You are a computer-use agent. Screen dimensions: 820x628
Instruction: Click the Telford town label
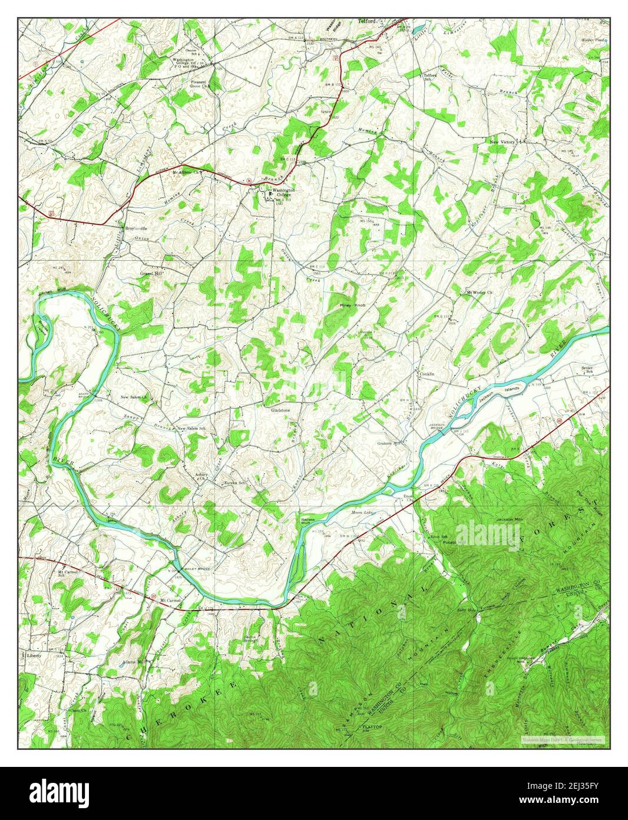tap(368, 21)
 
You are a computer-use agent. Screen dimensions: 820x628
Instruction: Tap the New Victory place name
tap(503, 143)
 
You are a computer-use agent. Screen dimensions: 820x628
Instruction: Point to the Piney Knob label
tap(353, 306)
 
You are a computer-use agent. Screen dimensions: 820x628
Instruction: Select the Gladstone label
tap(282, 409)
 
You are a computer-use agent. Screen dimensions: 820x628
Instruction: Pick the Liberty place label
tap(34, 655)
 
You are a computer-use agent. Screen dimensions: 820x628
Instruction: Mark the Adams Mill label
tap(133, 661)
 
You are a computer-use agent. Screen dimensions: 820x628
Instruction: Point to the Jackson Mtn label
tap(509, 519)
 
